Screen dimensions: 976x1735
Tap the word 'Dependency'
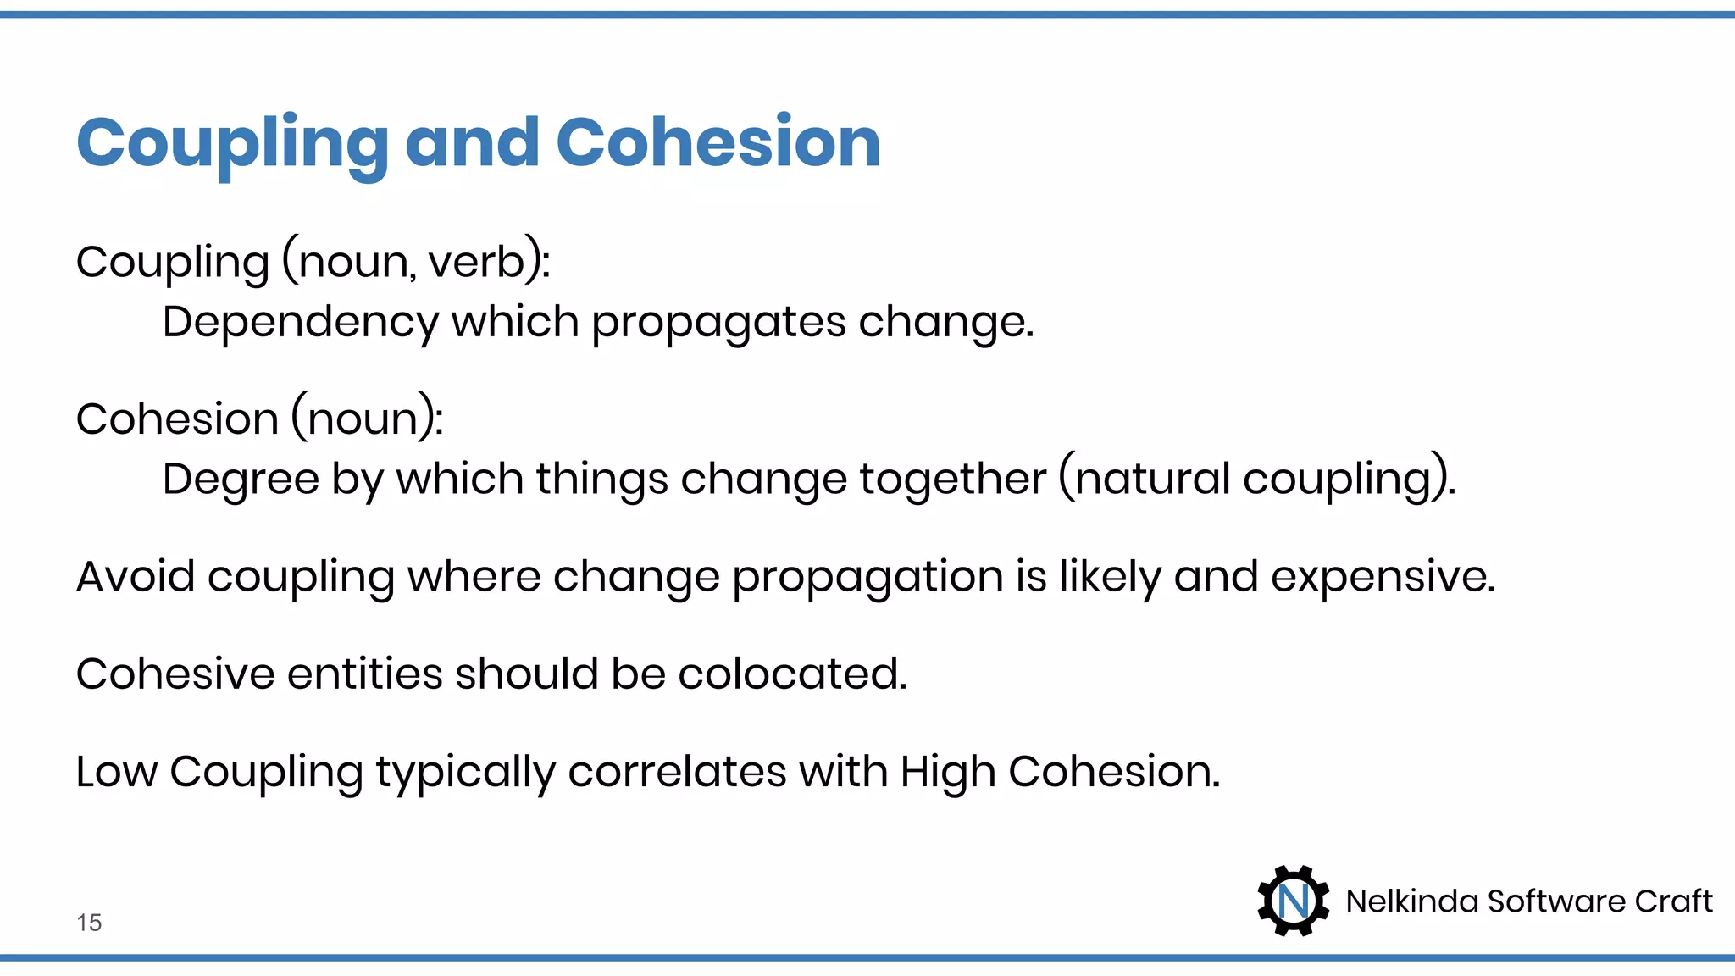coord(300,323)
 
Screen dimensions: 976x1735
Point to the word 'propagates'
coord(718,323)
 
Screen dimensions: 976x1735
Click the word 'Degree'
coord(240,480)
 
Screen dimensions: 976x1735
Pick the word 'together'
coord(952,480)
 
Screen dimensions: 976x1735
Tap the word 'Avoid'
coord(136,577)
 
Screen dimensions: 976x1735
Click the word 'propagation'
coord(867,579)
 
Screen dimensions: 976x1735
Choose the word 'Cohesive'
coord(175,674)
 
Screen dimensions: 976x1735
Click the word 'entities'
coord(364,674)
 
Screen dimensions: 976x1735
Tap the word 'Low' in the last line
coord(116,772)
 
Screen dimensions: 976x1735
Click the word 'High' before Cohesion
coord(947,773)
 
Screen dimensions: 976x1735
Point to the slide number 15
coord(89,923)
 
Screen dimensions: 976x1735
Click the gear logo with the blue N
coord(1293,901)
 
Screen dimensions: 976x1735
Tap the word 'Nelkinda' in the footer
coord(1411,901)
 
